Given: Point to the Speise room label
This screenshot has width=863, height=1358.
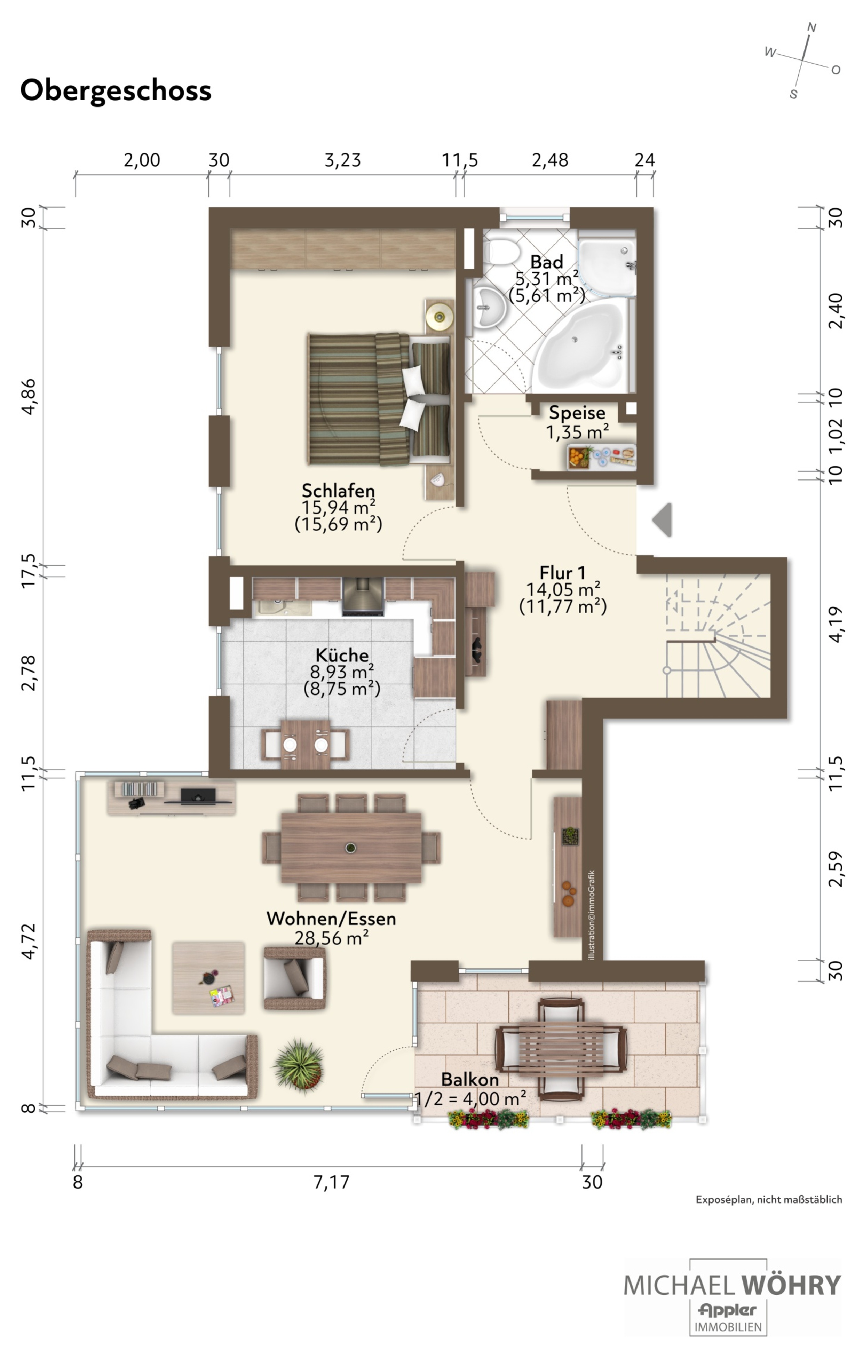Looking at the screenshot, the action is (x=577, y=412).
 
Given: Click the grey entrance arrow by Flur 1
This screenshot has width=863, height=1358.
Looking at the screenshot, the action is (x=662, y=519).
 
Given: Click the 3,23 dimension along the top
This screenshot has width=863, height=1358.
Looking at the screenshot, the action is (x=342, y=160).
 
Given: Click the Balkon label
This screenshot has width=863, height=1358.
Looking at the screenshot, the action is (x=470, y=1079).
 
